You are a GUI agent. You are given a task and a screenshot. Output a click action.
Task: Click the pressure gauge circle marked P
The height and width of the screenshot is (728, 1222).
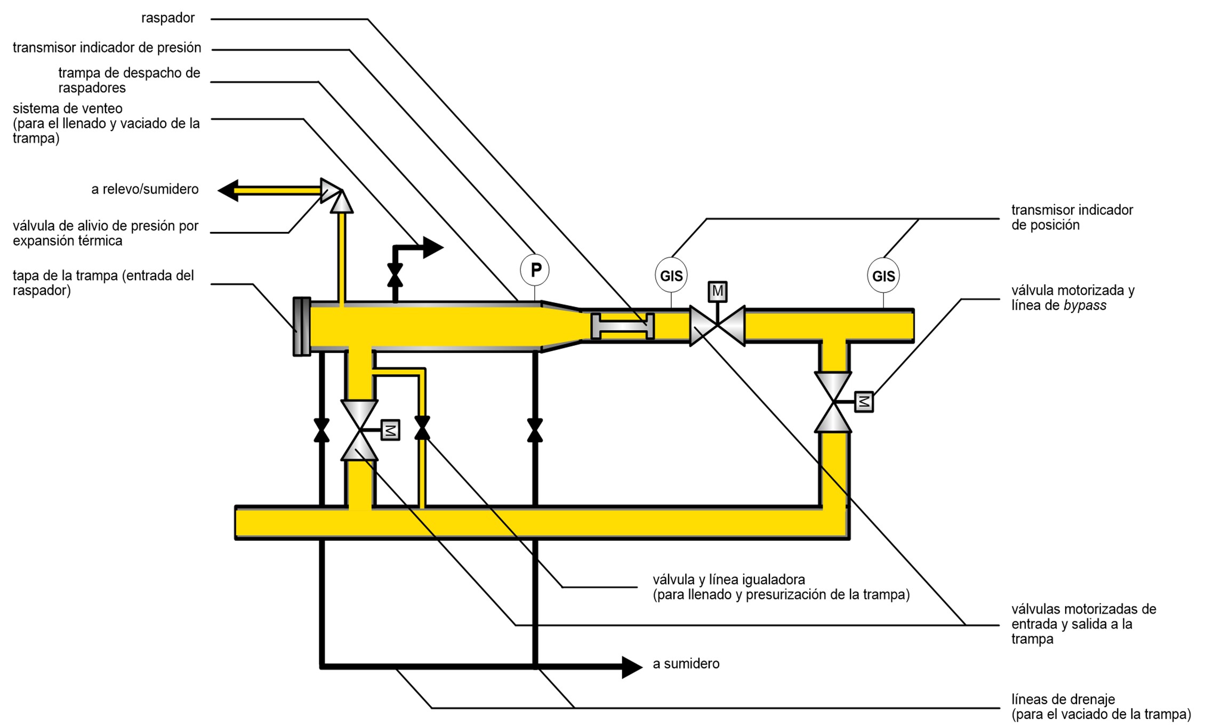(535, 270)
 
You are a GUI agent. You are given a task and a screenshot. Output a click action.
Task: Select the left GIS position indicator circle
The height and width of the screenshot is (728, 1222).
(671, 276)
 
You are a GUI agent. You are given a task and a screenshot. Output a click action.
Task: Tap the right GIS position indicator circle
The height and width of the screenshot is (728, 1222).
(883, 276)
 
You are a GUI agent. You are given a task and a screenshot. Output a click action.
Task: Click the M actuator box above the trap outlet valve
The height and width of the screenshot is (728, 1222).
(717, 292)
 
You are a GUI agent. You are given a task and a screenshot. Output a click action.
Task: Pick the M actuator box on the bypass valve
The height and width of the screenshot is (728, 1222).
(864, 402)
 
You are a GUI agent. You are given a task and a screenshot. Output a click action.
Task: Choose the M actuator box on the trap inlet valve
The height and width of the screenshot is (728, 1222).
(390, 430)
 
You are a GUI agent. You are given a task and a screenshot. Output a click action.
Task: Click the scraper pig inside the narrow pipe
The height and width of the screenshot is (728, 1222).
(622, 326)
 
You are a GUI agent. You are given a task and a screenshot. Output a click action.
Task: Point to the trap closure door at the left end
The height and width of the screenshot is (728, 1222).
(302, 326)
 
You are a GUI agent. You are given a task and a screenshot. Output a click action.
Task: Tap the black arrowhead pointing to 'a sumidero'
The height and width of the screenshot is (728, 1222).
(632, 667)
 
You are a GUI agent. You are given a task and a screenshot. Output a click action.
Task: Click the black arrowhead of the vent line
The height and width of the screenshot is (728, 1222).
(433, 247)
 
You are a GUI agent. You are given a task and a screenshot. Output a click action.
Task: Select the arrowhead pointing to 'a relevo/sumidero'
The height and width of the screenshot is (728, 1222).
(228, 190)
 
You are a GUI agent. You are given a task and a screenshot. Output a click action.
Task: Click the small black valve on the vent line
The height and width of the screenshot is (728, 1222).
(395, 275)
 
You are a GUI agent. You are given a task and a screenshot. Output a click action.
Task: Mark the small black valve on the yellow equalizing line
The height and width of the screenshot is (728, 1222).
(422, 428)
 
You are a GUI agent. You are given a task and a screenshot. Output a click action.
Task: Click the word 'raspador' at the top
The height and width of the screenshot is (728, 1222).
(168, 18)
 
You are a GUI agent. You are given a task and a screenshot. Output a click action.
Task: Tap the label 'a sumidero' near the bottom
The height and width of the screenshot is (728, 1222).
(686, 664)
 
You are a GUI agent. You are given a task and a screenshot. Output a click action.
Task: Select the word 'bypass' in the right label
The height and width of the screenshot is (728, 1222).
(1084, 305)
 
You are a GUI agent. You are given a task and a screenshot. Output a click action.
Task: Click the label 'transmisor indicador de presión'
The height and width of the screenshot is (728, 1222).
(107, 48)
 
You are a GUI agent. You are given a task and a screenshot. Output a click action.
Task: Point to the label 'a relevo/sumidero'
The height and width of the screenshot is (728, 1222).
(144, 189)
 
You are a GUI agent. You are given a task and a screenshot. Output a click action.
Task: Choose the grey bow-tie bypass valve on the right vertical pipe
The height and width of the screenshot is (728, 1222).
(833, 402)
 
